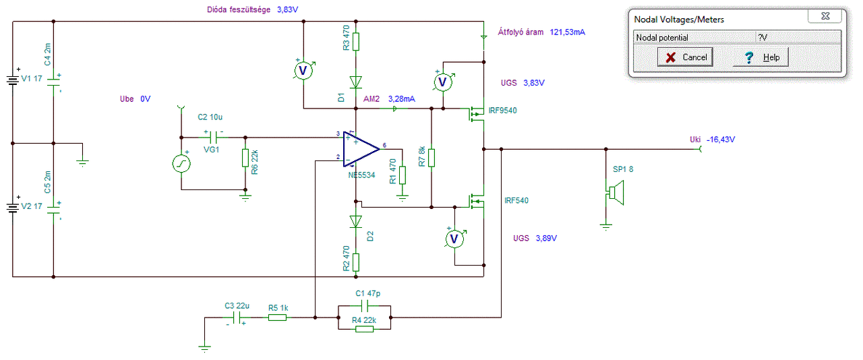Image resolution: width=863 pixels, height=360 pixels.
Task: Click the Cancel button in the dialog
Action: point(685,57)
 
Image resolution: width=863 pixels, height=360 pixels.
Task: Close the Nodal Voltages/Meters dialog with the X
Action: point(825,16)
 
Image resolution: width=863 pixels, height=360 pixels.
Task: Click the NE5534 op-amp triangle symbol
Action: point(361,149)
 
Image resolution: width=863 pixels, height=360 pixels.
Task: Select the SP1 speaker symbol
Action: point(616,192)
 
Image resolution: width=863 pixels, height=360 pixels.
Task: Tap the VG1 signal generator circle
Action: point(181,163)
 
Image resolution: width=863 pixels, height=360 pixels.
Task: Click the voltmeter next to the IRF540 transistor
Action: point(454,239)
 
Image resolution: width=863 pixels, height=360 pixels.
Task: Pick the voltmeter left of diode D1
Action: point(303,71)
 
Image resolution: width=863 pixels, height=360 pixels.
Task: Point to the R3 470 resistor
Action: point(355,42)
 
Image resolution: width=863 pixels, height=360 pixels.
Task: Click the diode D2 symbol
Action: point(355,221)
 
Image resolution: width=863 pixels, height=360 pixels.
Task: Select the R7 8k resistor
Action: point(431,158)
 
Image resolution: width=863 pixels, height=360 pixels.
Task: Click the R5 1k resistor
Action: point(277,318)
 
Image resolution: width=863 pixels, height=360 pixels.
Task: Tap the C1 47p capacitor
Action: point(365,307)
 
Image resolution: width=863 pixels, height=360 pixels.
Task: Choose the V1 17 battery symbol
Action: point(13,80)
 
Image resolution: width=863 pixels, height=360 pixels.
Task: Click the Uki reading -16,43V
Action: point(721,140)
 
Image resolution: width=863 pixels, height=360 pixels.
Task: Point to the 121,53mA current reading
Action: point(567,32)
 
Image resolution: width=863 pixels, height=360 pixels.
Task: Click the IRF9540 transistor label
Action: point(502,111)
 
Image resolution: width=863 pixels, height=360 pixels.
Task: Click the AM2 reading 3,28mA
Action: point(401,99)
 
